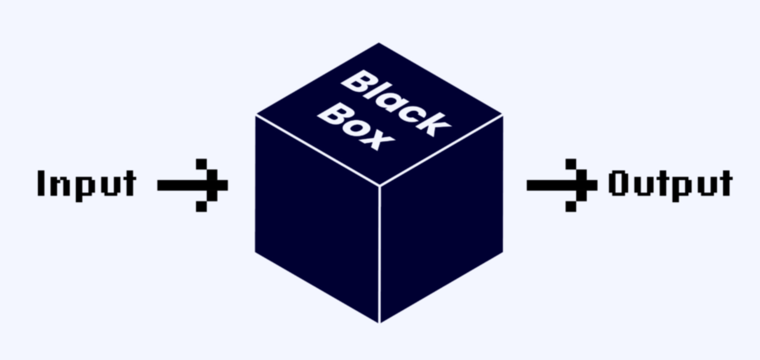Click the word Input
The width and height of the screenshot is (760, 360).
pyautogui.click(x=87, y=185)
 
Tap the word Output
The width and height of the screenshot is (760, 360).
pyautogui.click(x=670, y=185)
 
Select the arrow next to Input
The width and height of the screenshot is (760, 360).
pyautogui.click(x=192, y=185)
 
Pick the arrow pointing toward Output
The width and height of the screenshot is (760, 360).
pyautogui.click(x=561, y=185)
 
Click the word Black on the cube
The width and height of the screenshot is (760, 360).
pyautogui.click(x=396, y=103)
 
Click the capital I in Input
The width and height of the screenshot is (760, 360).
pyautogui.click(x=41, y=183)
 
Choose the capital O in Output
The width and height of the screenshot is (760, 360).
pyautogui.click(x=617, y=183)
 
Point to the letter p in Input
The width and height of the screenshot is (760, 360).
pyautogui.click(x=84, y=188)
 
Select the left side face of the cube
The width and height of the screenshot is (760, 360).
pyautogui.click(x=317, y=218)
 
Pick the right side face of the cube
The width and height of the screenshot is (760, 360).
pyautogui.click(x=441, y=218)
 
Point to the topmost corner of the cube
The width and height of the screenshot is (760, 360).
pyautogui.click(x=379, y=43)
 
